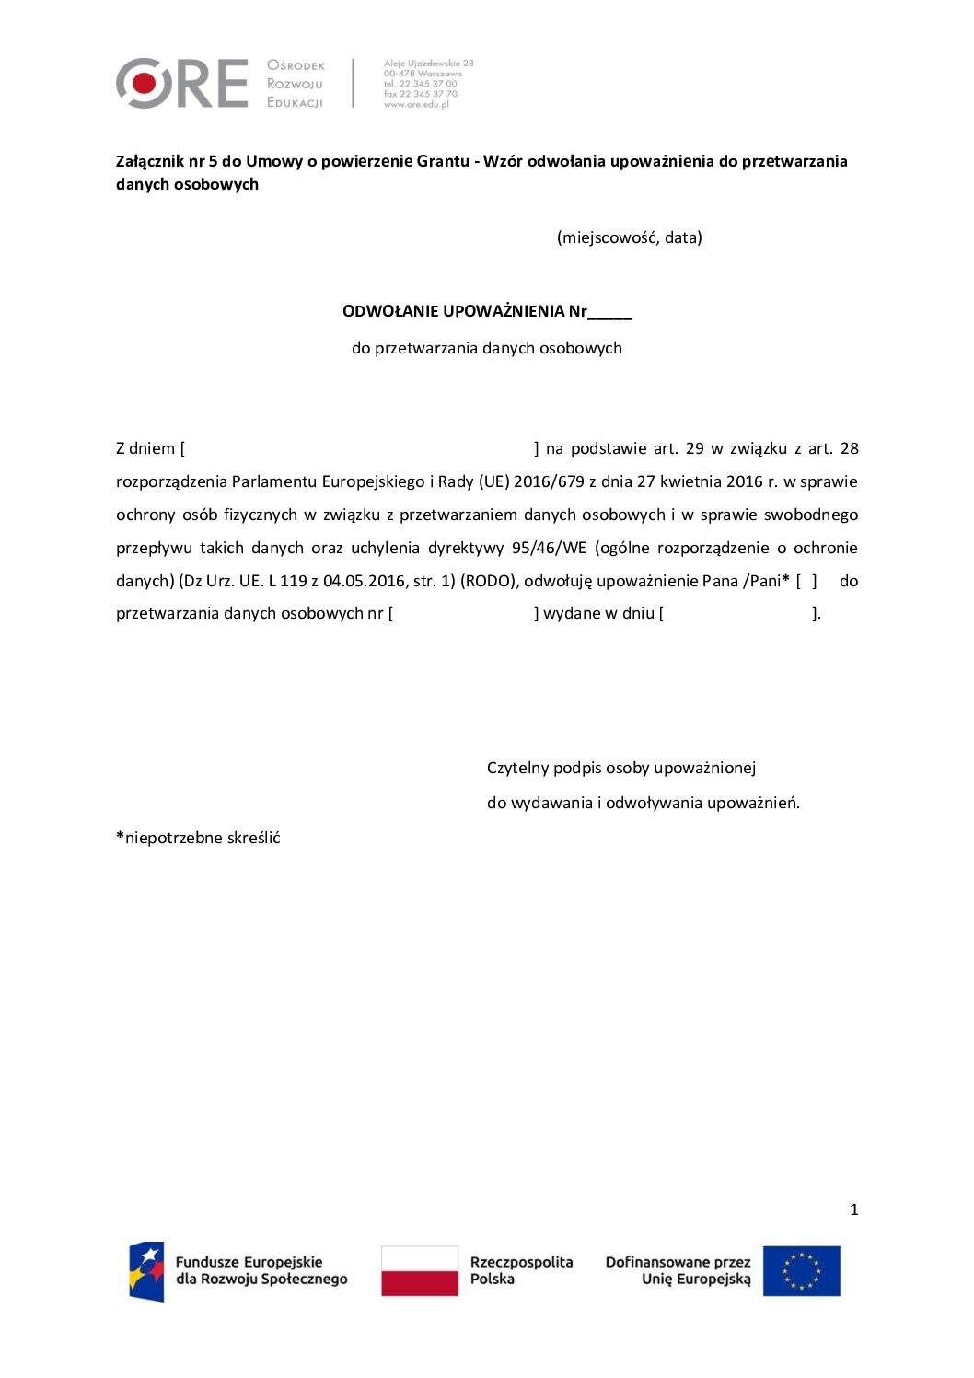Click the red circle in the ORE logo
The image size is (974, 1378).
coord(144,84)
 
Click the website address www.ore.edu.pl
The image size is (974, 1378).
coord(416,105)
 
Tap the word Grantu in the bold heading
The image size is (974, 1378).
coord(443,161)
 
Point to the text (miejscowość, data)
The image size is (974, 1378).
coord(630,237)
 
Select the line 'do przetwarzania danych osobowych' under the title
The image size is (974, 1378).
coord(486,348)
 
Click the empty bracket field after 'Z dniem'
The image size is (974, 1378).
coord(359,449)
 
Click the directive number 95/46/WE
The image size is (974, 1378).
coord(549,548)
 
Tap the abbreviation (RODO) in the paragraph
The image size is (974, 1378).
coord(488,581)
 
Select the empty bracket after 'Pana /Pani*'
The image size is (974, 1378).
coord(806,581)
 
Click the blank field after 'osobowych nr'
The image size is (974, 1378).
coord(463,614)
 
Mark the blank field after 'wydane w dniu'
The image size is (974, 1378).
coord(737,614)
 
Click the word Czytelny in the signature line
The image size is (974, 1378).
coord(517,768)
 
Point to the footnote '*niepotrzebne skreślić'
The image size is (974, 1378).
coord(198,838)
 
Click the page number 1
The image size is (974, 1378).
coord(854,1210)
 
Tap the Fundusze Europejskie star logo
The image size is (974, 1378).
coord(146,1271)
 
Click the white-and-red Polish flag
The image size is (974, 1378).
coord(420,1271)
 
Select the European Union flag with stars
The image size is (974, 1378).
coord(801,1271)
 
